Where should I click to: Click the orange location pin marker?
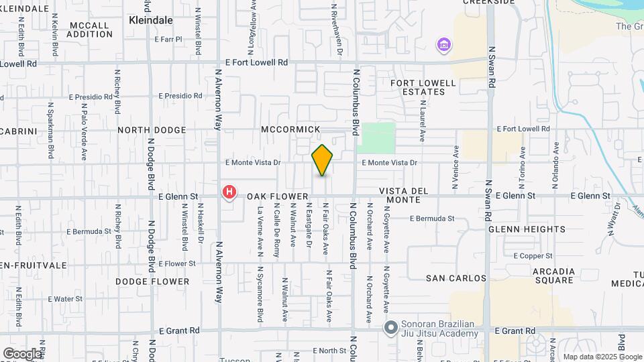(x=323, y=160)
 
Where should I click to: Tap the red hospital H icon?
(x=229, y=192)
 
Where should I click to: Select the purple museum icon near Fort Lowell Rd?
(x=443, y=45)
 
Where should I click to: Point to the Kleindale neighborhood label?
(x=150, y=21)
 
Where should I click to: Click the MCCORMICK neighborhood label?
(x=290, y=129)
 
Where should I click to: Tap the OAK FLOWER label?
(x=272, y=196)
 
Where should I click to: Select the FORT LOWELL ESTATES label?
(x=423, y=88)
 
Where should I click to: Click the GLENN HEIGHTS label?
(x=527, y=229)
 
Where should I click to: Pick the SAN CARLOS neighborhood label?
(x=456, y=278)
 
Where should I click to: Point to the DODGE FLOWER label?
(x=152, y=282)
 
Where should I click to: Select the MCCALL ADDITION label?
(x=89, y=29)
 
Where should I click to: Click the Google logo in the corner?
(x=22, y=353)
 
